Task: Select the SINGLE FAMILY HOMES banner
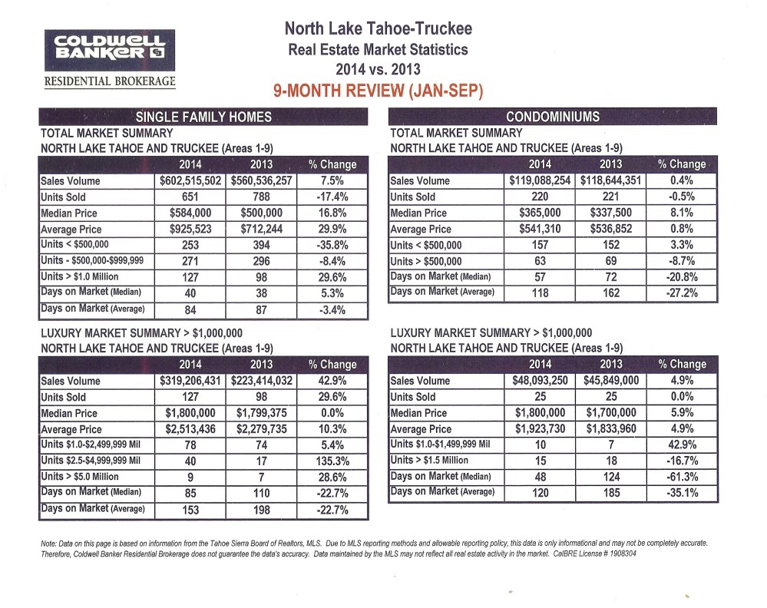click(203, 117)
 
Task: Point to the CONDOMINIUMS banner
click(554, 117)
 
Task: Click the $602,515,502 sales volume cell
click(190, 181)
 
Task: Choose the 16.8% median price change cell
click(332, 213)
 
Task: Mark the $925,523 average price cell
click(190, 230)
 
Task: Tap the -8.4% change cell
click(332, 261)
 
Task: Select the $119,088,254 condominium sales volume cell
click(541, 181)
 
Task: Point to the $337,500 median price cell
click(612, 213)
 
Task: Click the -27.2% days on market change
click(683, 292)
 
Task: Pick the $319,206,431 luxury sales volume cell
click(190, 381)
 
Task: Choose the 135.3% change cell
click(332, 461)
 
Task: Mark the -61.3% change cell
click(683, 477)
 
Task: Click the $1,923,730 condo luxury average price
click(541, 429)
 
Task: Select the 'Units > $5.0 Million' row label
click(90, 477)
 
